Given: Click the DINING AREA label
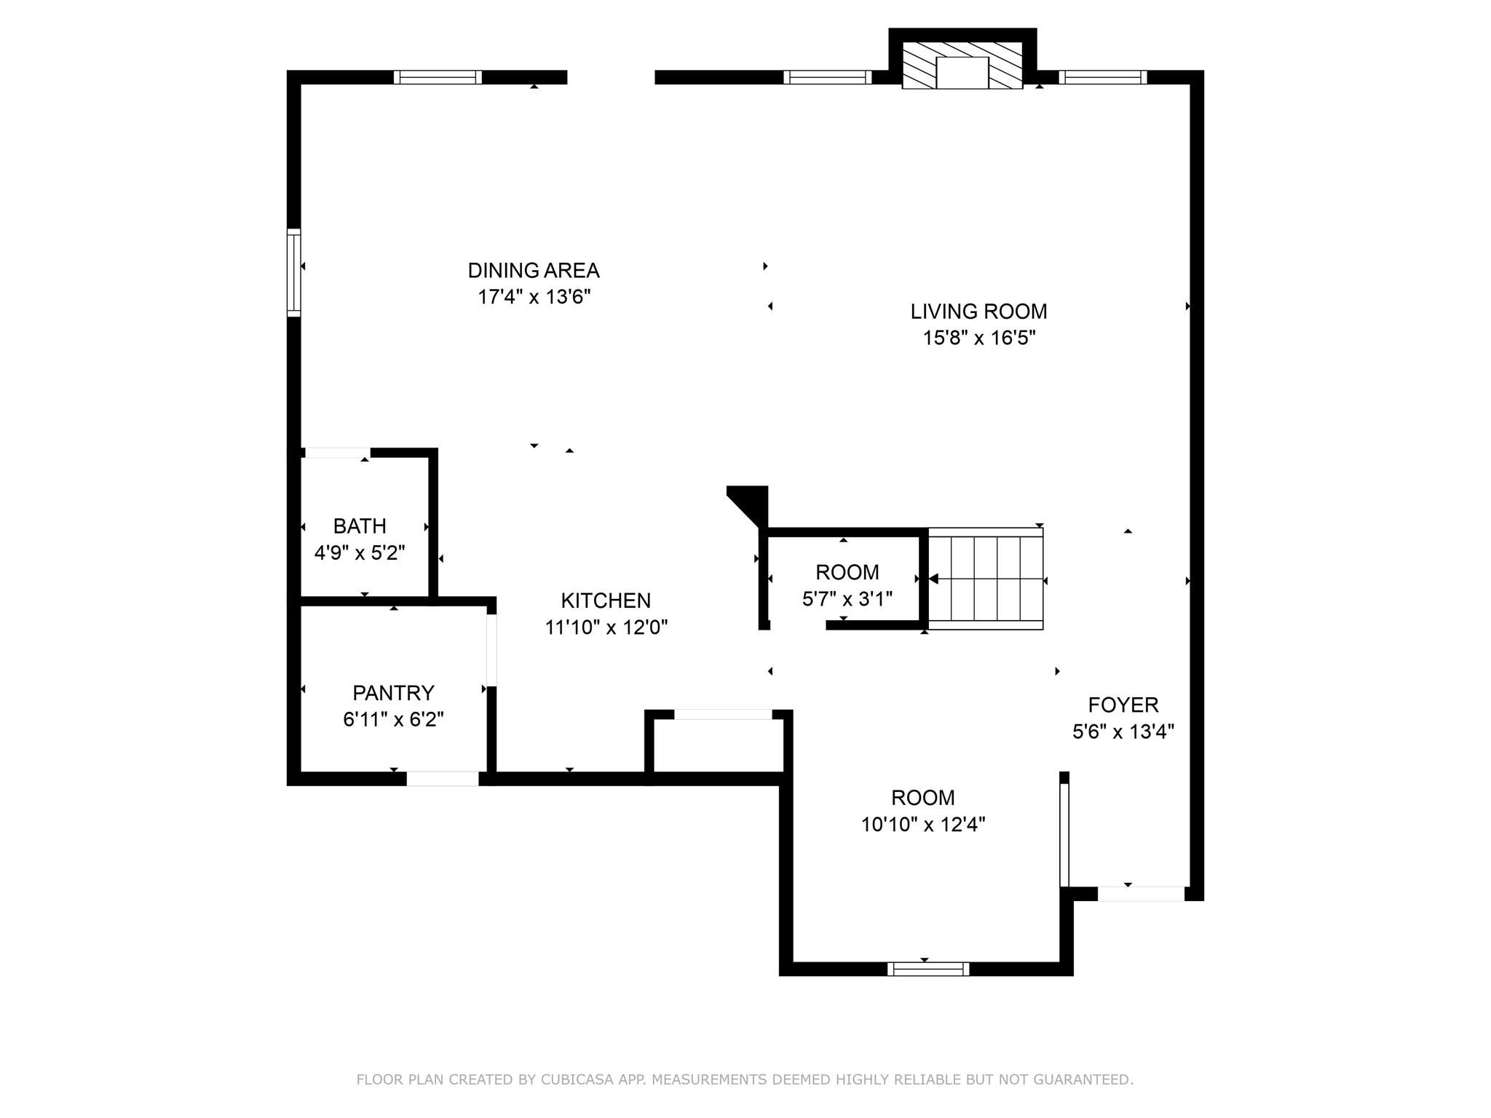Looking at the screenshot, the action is pyautogui.click(x=534, y=271).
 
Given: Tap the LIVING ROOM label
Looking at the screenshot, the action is pyautogui.click(x=978, y=312).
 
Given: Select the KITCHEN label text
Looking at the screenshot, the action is pyautogui.click(x=606, y=600).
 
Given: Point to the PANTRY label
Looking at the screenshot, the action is pyautogui.click(x=393, y=692).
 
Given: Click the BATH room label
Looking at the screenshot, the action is pyautogui.click(x=360, y=526).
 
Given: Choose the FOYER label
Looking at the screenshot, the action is pyautogui.click(x=1123, y=705).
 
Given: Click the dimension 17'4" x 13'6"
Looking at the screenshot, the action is pyautogui.click(x=534, y=297).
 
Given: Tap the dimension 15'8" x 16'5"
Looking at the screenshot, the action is pyautogui.click(x=979, y=338).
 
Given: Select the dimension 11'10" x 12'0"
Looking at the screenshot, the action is pyautogui.click(x=606, y=627).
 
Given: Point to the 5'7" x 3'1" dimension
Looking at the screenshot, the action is pyautogui.click(x=847, y=598).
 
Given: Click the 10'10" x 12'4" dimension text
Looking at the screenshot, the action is pyautogui.click(x=923, y=824).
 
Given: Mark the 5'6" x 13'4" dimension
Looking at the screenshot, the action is pyautogui.click(x=1123, y=731).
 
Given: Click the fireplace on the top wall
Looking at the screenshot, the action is pyautogui.click(x=962, y=66).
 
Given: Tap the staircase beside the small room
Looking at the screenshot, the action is pyautogui.click(x=986, y=579).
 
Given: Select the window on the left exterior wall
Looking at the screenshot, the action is pyautogui.click(x=294, y=272).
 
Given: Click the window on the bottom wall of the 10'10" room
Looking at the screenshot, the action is pyautogui.click(x=928, y=969).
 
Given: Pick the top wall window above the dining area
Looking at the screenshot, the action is pyautogui.click(x=438, y=77).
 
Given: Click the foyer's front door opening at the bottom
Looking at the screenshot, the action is pyautogui.click(x=1141, y=894).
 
